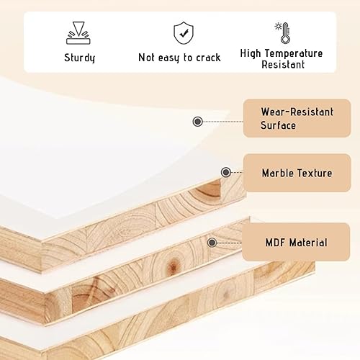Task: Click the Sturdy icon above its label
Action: coord(79,32)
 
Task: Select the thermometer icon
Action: coord(282,32)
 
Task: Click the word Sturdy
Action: coord(79,57)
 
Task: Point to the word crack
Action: coord(205,57)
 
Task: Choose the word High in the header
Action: coord(253,53)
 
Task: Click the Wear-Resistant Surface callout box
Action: coord(297,118)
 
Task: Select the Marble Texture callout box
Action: coord(297,173)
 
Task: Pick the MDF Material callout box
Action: coord(297,242)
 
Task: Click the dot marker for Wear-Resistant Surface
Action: coord(197,122)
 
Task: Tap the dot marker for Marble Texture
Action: coord(226,173)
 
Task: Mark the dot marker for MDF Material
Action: coord(212,243)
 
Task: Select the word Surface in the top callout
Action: coord(278,126)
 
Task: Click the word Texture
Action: coord(315,174)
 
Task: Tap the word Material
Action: coord(308,243)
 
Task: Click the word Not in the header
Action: coord(147,57)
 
